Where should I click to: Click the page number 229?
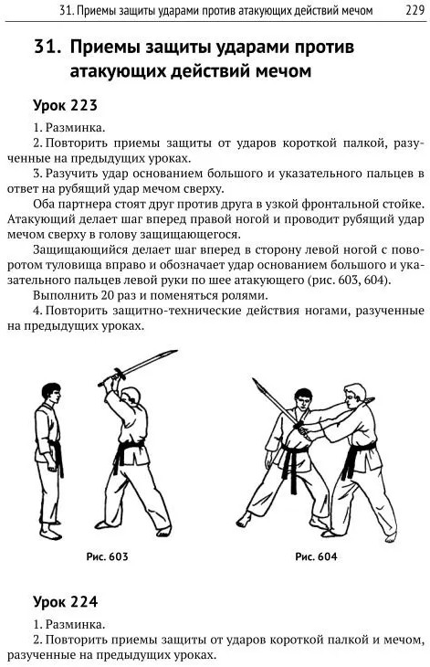click(x=414, y=9)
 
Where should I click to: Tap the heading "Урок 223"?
click(x=65, y=105)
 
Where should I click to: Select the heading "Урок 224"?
click(x=66, y=601)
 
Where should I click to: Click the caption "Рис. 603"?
click(x=107, y=556)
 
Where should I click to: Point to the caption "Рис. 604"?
click(x=316, y=556)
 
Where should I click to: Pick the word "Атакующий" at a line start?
click(x=37, y=219)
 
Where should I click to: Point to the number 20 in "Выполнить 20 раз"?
click(x=108, y=296)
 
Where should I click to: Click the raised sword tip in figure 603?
click(x=175, y=352)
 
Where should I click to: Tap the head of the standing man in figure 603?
click(x=52, y=394)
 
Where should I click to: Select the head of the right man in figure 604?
click(x=354, y=396)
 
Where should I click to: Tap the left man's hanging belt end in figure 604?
click(x=293, y=474)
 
